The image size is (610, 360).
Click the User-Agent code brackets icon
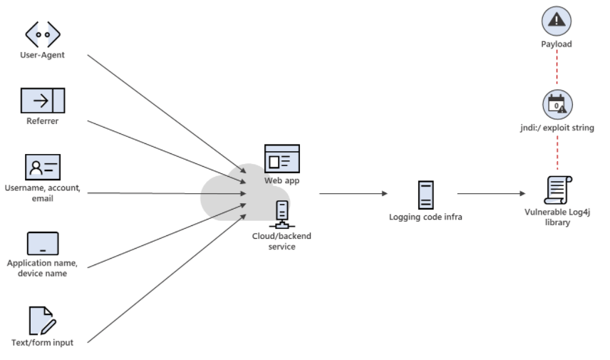pyautogui.click(x=43, y=34)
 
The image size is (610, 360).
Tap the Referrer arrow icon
pyautogui.click(x=43, y=101)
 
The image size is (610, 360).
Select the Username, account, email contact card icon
pyautogui.click(x=43, y=167)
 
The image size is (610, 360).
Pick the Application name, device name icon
pyautogui.click(x=43, y=243)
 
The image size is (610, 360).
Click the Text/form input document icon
pyautogui.click(x=42, y=321)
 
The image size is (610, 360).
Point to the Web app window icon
pyautogui.click(x=282, y=159)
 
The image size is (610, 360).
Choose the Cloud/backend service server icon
pyautogui.click(x=282, y=213)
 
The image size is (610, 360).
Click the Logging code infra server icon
pyautogui.click(x=425, y=195)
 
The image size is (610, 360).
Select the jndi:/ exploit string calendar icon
pyautogui.click(x=557, y=105)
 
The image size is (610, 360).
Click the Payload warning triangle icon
pyautogui.click(x=557, y=21)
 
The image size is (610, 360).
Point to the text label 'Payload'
pyautogui.click(x=557, y=44)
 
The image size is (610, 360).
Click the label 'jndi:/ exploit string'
pyautogui.click(x=557, y=128)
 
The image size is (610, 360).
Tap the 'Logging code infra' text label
pyautogui.click(x=425, y=217)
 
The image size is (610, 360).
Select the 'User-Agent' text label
pyautogui.click(x=43, y=55)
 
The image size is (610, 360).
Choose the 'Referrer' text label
pyautogui.click(x=43, y=121)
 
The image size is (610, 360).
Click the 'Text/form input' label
pyautogui.click(x=43, y=342)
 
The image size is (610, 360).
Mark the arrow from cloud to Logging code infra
pyautogui.click(x=353, y=193)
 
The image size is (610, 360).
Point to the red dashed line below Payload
pyautogui.click(x=557, y=69)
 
